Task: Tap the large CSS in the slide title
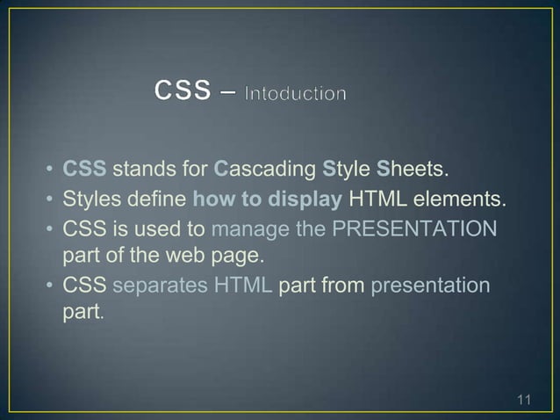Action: [183, 89]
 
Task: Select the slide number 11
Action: [524, 402]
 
